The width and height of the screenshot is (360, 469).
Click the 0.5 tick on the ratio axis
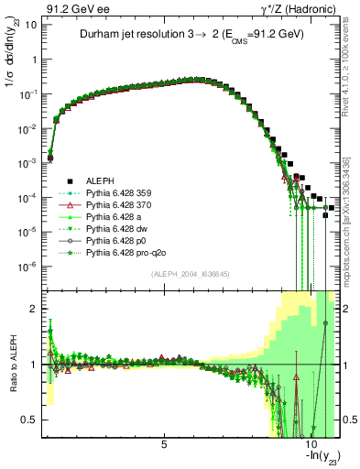29,420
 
